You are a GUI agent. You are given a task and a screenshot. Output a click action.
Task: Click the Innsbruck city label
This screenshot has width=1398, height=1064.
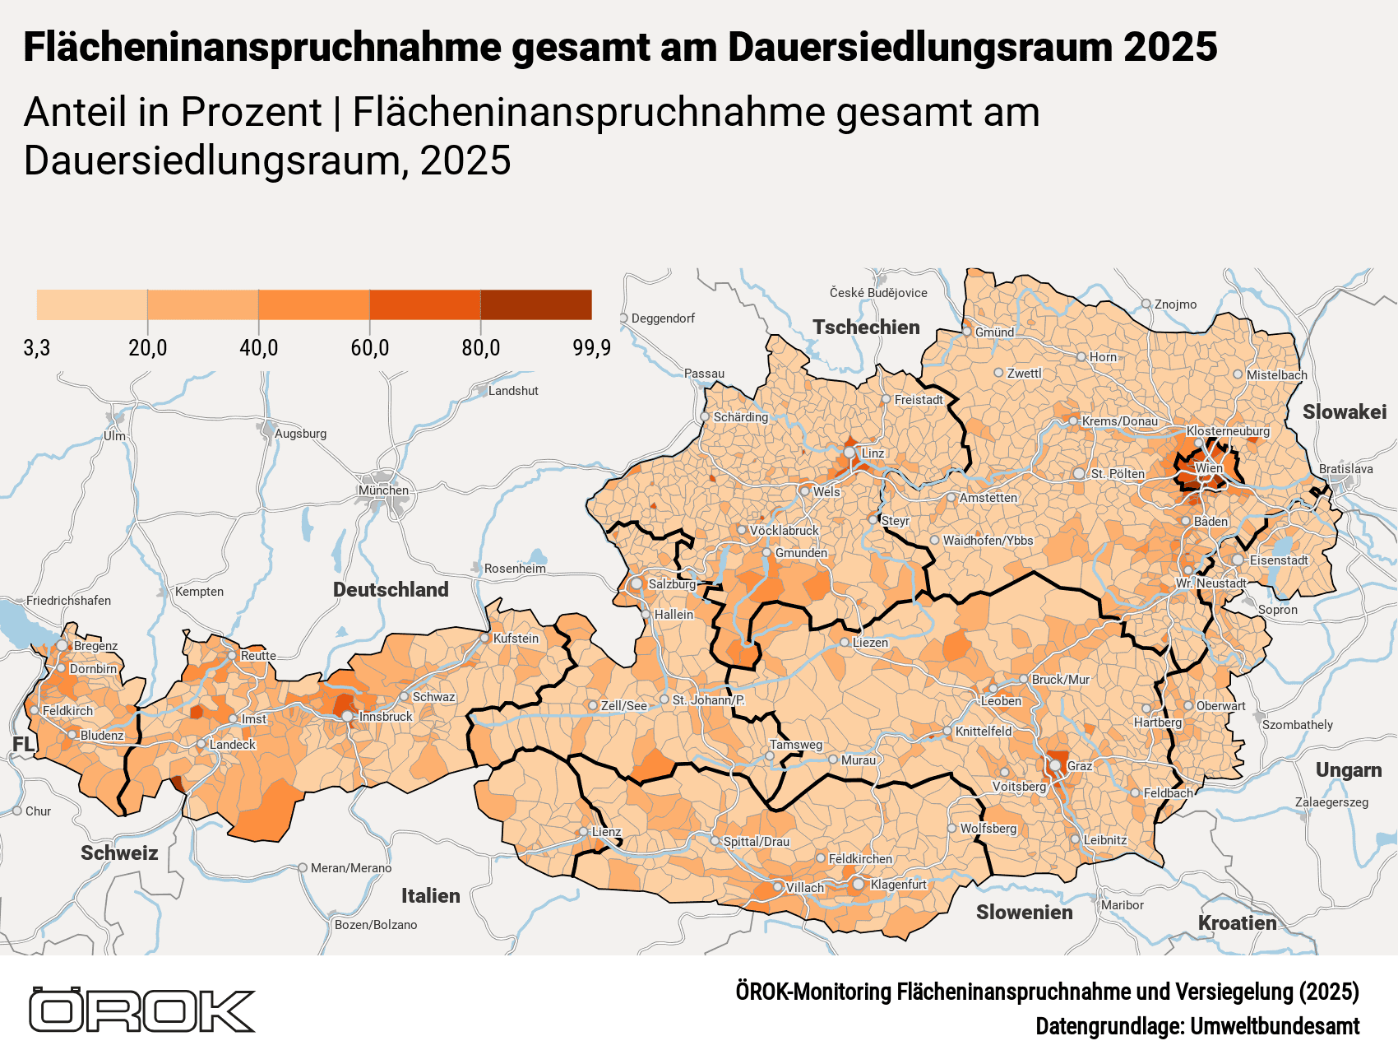385,717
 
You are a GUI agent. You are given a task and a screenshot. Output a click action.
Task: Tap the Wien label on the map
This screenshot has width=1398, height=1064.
1208,468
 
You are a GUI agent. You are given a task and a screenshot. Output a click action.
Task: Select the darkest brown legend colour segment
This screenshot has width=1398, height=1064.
535,304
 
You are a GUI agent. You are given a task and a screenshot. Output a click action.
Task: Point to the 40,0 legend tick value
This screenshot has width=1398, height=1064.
258,348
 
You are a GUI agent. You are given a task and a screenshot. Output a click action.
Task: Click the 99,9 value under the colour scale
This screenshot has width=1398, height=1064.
591,348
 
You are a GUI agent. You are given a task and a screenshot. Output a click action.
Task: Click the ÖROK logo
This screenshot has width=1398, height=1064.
141,1010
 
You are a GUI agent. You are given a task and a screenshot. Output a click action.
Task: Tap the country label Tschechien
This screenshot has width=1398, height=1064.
866,328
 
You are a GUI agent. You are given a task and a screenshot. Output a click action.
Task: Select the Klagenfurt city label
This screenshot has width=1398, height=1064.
898,885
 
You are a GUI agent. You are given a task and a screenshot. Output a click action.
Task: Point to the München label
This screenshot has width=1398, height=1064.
383,490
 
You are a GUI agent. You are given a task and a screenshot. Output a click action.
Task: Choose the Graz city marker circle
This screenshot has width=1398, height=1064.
1055,766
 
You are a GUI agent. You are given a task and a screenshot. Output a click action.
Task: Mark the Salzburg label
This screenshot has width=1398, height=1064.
672,584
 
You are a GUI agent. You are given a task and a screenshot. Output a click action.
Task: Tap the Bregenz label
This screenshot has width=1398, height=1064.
95,646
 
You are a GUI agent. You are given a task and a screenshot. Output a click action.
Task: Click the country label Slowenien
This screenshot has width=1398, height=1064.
1024,912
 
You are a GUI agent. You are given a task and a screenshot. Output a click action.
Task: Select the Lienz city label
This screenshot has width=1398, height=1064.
606,832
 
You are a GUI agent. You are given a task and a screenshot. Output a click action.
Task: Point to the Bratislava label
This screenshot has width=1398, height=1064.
1345,469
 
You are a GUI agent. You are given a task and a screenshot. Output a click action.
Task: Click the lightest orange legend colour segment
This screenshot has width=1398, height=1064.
92,304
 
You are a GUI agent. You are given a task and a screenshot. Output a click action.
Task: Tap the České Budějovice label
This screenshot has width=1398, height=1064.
877,293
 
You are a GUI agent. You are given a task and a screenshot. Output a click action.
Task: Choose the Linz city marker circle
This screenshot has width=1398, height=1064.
849,453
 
